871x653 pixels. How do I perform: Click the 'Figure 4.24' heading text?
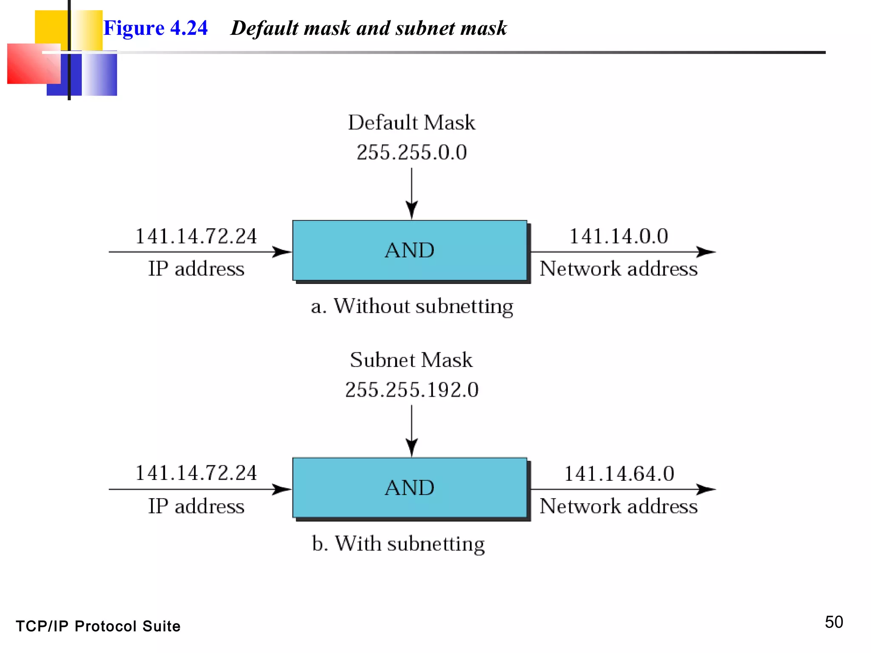tap(155, 28)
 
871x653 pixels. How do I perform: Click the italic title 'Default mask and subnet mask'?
tap(368, 28)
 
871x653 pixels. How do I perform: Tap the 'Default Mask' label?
tap(411, 122)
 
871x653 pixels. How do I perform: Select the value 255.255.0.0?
tap(411, 152)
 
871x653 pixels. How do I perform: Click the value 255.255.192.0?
tap(411, 389)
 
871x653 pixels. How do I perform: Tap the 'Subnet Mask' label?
tap(411, 360)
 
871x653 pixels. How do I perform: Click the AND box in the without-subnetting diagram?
tap(410, 250)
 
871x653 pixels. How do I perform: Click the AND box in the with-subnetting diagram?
tap(410, 488)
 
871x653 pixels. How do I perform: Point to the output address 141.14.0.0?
tap(618, 236)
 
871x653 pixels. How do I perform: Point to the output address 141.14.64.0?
tap(619, 473)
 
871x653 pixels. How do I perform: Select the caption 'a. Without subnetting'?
tap(412, 306)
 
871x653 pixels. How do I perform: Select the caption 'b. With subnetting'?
tap(398, 543)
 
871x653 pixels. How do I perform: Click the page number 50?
tap(834, 622)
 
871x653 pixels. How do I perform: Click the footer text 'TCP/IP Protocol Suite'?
tap(98, 626)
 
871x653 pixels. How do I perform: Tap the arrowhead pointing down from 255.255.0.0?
tap(411, 210)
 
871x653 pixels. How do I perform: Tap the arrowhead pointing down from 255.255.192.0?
tap(411, 447)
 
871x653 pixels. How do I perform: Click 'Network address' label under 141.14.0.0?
tap(618, 269)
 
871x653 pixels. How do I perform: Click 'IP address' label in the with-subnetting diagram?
tap(196, 506)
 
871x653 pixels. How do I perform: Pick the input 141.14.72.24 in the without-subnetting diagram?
tap(196, 236)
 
